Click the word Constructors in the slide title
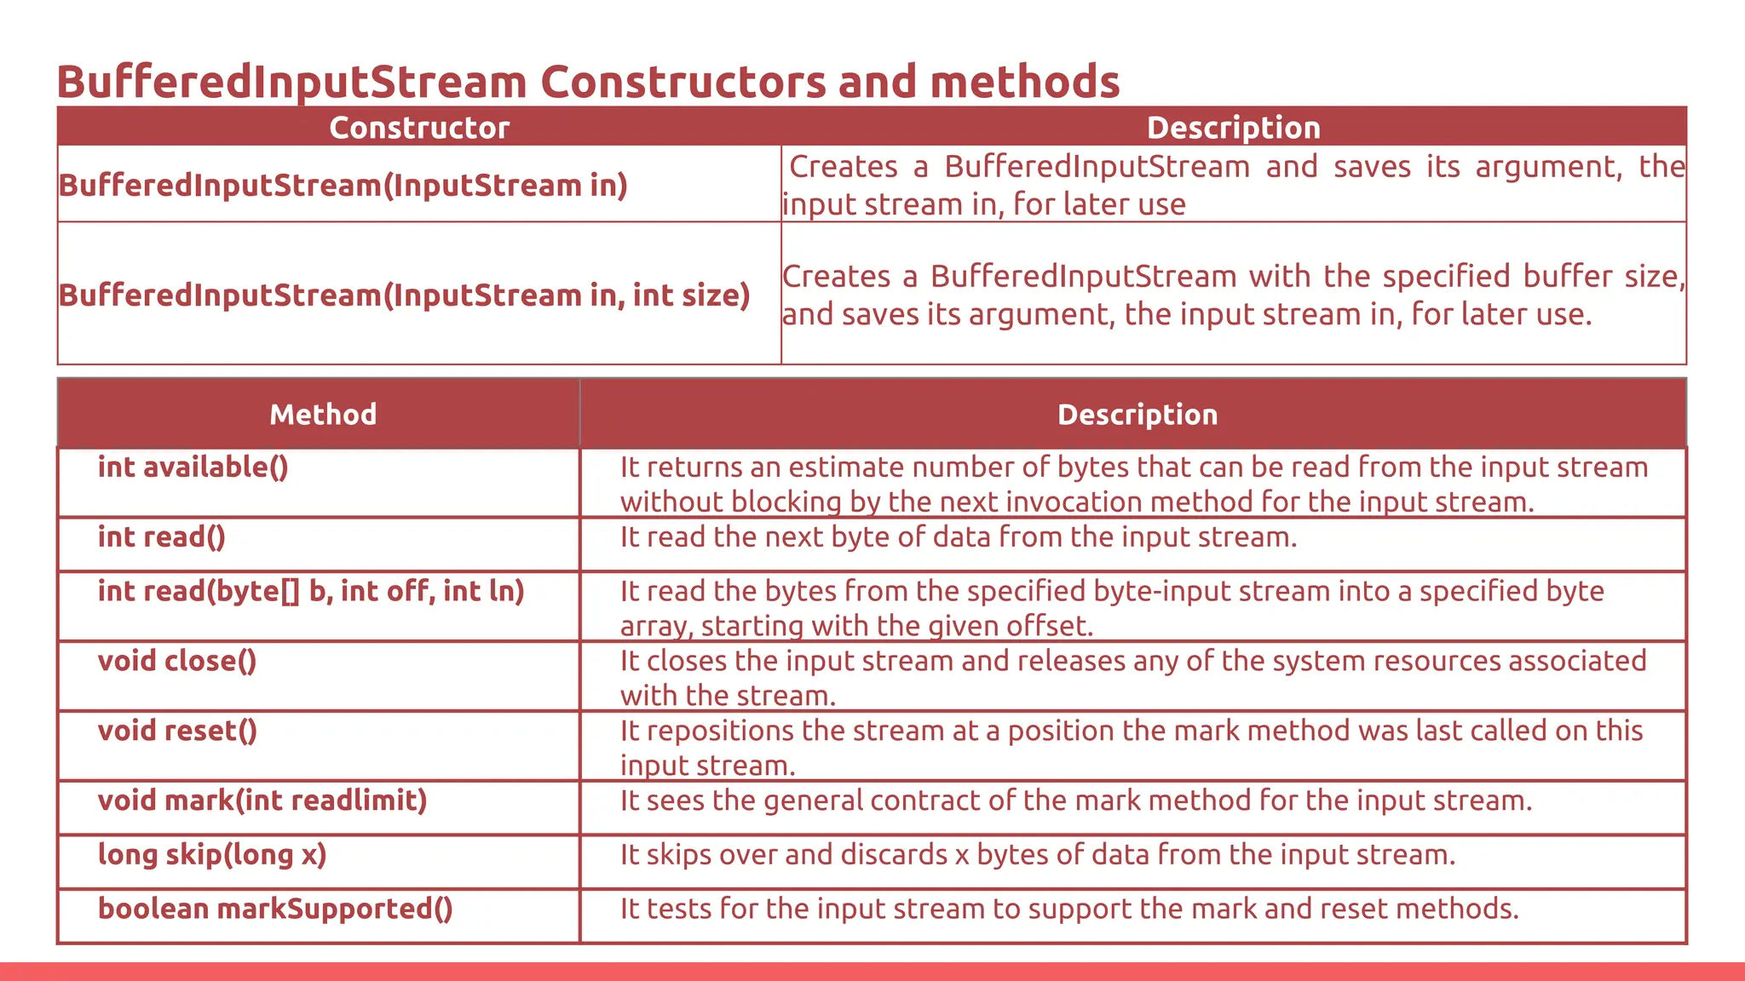(682, 83)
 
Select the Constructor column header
(419, 128)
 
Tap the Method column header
(323, 415)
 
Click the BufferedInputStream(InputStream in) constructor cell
(343, 186)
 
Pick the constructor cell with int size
(404, 295)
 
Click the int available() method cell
(193, 468)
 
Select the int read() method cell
(162, 537)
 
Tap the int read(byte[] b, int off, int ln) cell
(311, 591)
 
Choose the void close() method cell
(177, 661)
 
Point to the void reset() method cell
(177, 731)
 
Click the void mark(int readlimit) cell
(262, 800)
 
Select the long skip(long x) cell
(212, 855)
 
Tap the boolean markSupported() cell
(275, 909)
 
